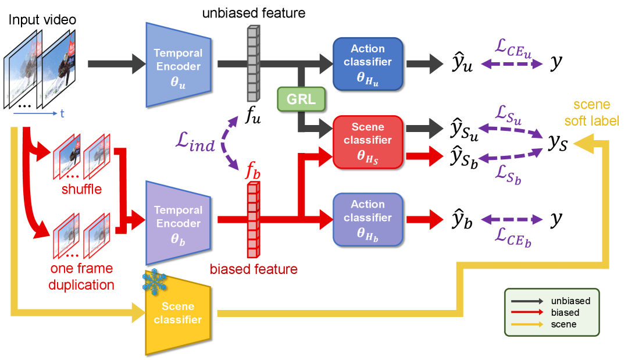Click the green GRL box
click(301, 99)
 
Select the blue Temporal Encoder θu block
click(177, 65)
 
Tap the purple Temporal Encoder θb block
click(177, 223)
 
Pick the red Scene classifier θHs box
click(367, 142)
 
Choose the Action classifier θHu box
click(367, 63)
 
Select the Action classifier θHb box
click(367, 219)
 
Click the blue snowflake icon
click(155, 281)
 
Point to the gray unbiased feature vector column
click(252, 63)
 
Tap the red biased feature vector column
click(252, 220)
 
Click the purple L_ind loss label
click(196, 141)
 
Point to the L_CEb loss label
click(512, 237)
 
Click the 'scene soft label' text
click(592, 113)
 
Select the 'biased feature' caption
click(254, 269)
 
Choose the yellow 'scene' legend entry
click(563, 324)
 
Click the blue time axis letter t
click(62, 113)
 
